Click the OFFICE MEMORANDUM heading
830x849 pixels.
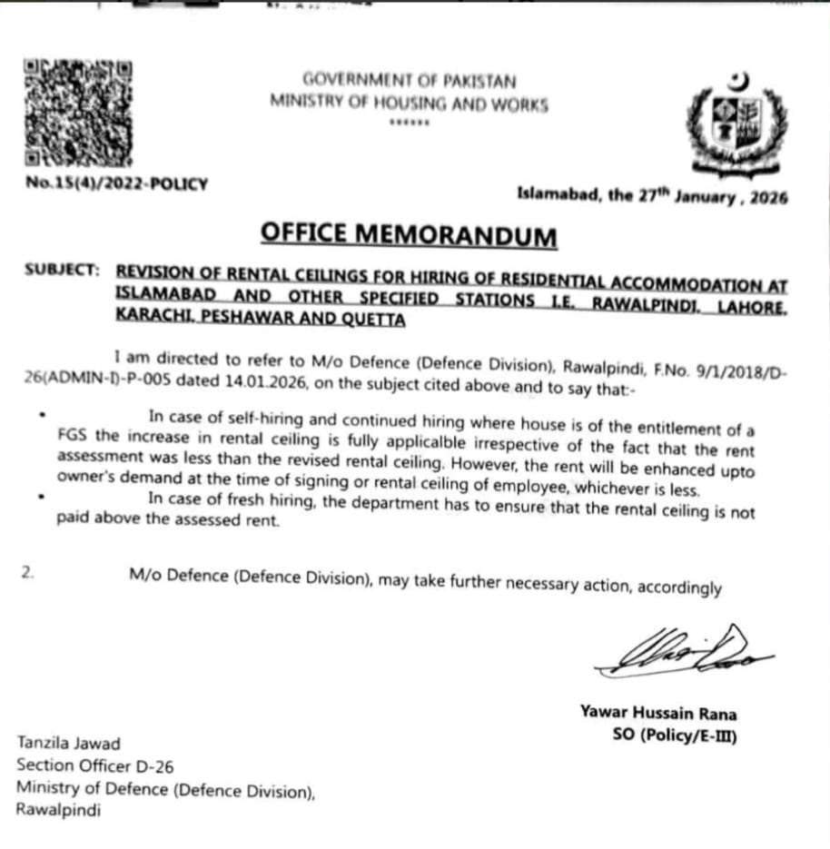[x=408, y=234]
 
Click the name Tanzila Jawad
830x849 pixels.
[x=68, y=744]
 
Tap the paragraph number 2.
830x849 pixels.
[x=28, y=573]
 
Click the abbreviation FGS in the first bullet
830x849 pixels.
[x=68, y=434]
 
